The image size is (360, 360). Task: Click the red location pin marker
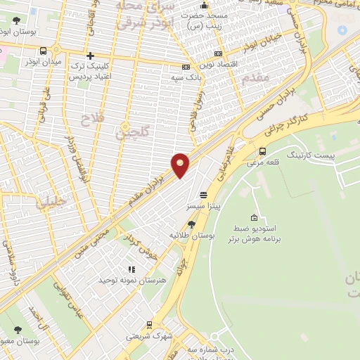click(x=181, y=164)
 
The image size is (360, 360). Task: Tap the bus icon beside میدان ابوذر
click(x=44, y=51)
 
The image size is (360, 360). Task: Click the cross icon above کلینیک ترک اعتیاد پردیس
click(x=90, y=56)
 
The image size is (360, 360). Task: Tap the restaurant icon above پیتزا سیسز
click(x=203, y=195)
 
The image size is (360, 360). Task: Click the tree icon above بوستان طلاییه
click(x=191, y=224)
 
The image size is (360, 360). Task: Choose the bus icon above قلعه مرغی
click(x=263, y=151)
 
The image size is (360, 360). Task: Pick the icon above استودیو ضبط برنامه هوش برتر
click(x=254, y=217)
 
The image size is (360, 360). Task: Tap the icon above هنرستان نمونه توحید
click(x=130, y=269)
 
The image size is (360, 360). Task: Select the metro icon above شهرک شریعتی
click(x=149, y=324)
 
